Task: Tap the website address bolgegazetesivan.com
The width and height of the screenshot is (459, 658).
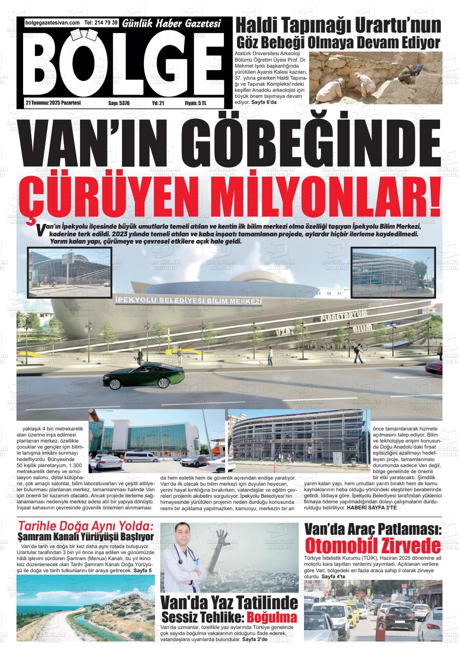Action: (x=52, y=23)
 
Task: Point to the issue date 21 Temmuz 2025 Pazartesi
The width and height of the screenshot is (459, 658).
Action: (x=53, y=103)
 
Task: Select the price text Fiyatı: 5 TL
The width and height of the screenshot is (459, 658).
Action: (x=195, y=103)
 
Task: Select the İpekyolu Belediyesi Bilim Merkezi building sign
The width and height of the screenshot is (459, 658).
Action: (x=188, y=301)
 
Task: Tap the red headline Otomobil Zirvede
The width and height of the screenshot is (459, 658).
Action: (x=373, y=546)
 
